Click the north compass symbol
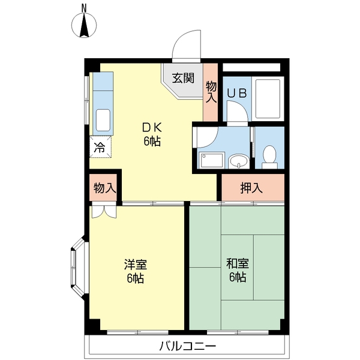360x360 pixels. tap(85, 26)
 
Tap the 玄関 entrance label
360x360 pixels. tap(184, 77)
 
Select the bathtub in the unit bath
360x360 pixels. tap(268, 98)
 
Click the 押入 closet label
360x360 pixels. tap(251, 188)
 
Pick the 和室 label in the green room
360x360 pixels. tap(236, 265)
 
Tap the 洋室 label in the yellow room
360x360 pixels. tap(135, 265)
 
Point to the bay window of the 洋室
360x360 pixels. tap(77, 267)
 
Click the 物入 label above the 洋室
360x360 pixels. tap(104, 188)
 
